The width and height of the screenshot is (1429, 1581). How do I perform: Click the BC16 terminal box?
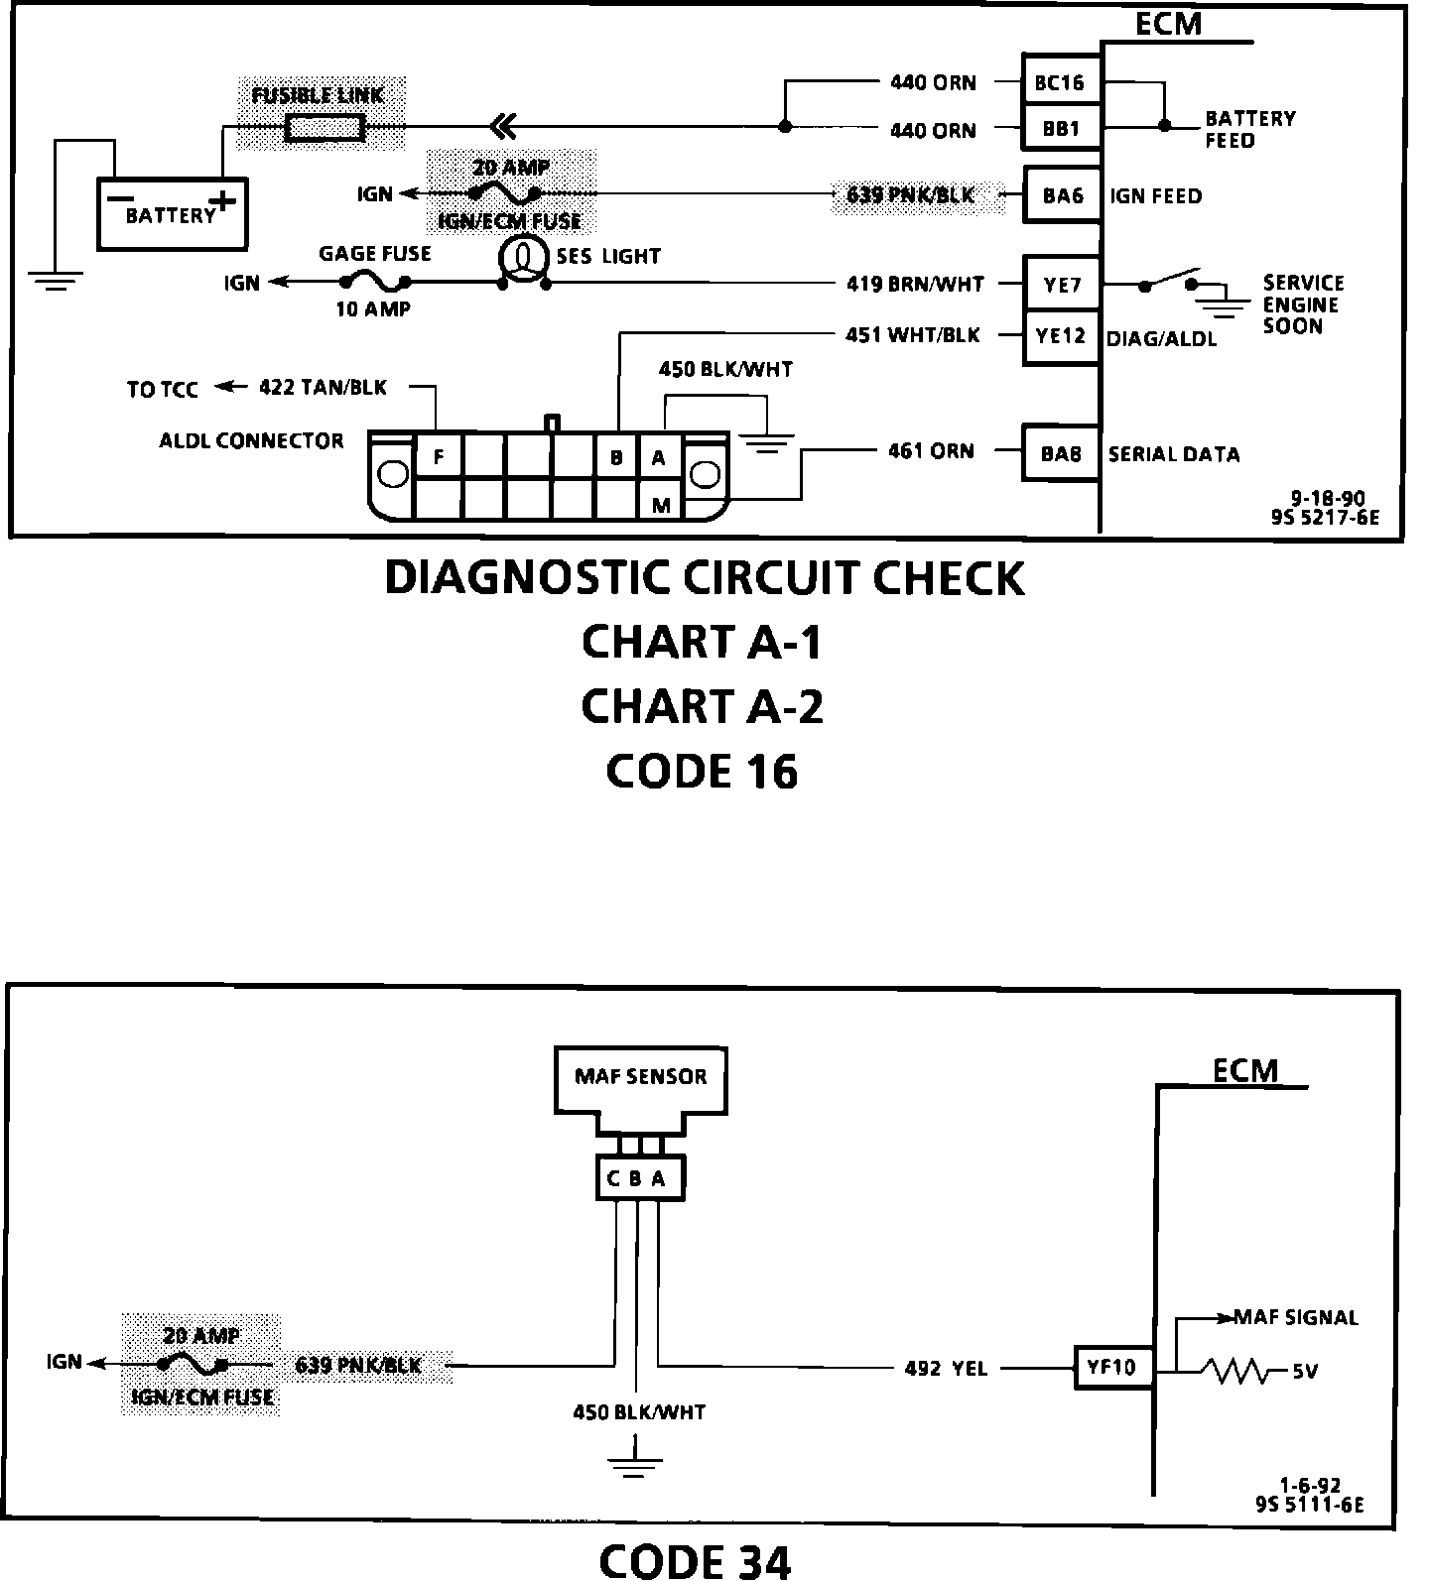pyautogui.click(x=1060, y=83)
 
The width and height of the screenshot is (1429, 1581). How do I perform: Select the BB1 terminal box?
pyautogui.click(x=1060, y=129)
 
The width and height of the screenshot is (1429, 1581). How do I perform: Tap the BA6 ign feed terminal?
pyautogui.click(x=1062, y=195)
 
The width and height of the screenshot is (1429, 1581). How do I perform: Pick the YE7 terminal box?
pyautogui.click(x=1062, y=286)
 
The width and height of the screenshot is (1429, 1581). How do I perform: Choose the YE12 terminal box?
pyautogui.click(x=1062, y=336)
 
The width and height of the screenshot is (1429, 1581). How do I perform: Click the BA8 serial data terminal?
pyautogui.click(x=1062, y=454)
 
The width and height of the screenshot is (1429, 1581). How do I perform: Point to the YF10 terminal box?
pyautogui.click(x=1110, y=1368)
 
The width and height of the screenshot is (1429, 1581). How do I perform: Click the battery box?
pyautogui.click(x=171, y=213)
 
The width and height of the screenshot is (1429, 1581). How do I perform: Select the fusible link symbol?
pyautogui.click(x=325, y=128)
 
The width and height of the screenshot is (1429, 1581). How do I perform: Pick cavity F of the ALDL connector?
pyautogui.click(x=438, y=458)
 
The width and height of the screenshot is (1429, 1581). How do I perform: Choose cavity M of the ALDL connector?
pyautogui.click(x=661, y=504)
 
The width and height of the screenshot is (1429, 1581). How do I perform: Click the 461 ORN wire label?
pyautogui.click(x=931, y=452)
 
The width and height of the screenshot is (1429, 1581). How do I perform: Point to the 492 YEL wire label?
pyautogui.click(x=945, y=1369)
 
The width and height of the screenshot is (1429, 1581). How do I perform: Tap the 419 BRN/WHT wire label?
pyautogui.click(x=914, y=286)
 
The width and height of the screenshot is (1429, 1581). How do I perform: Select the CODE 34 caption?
pyautogui.click(x=695, y=1560)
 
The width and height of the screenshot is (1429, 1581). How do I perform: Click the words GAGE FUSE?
pyautogui.click(x=375, y=254)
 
